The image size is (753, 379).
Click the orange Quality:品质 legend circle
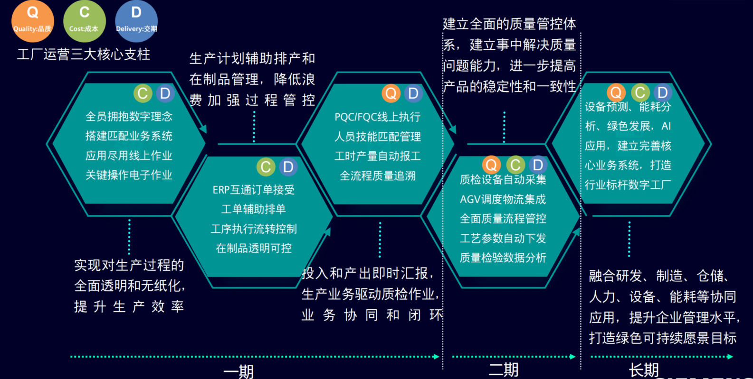pyautogui.click(x=32, y=21)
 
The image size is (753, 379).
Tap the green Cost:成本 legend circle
pyautogui.click(x=84, y=21)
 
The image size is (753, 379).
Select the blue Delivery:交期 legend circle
pyautogui.click(x=136, y=21)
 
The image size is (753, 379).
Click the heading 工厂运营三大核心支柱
pyautogui.click(x=84, y=55)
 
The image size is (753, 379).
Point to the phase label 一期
pyautogui.click(x=238, y=371)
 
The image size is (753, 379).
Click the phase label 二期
pyautogui.click(x=504, y=370)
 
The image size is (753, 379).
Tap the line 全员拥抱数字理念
pyautogui.click(x=129, y=117)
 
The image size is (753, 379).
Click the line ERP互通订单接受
pyautogui.click(x=254, y=190)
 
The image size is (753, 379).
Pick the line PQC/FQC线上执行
pyautogui.click(x=378, y=117)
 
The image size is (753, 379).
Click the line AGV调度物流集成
pyautogui.click(x=503, y=199)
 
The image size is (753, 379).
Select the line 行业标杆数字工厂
pyautogui.click(x=628, y=185)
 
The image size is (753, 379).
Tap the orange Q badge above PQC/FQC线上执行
pyautogui.click(x=391, y=93)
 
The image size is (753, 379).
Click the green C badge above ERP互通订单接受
pyautogui.click(x=266, y=167)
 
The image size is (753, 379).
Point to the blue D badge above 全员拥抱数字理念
pyautogui.click(x=165, y=93)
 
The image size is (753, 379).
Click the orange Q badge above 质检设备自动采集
pyautogui.click(x=491, y=165)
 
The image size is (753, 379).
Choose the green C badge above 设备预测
pyautogui.click(x=640, y=92)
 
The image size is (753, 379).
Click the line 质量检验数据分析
pyautogui.click(x=503, y=258)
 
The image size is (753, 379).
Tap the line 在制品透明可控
pyautogui.click(x=254, y=248)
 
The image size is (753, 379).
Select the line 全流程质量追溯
pyautogui.click(x=378, y=176)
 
